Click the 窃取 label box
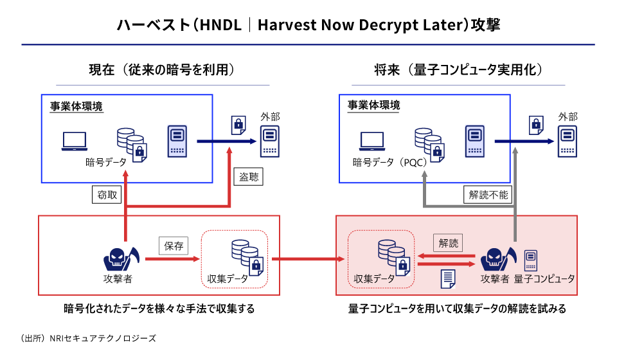(108, 195)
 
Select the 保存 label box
(174, 246)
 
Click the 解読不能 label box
(488, 195)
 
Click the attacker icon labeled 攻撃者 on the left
(120, 258)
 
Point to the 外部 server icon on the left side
(270, 141)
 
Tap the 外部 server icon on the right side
(567, 141)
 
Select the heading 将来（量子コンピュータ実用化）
(460, 69)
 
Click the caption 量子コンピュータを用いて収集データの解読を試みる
(458, 309)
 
